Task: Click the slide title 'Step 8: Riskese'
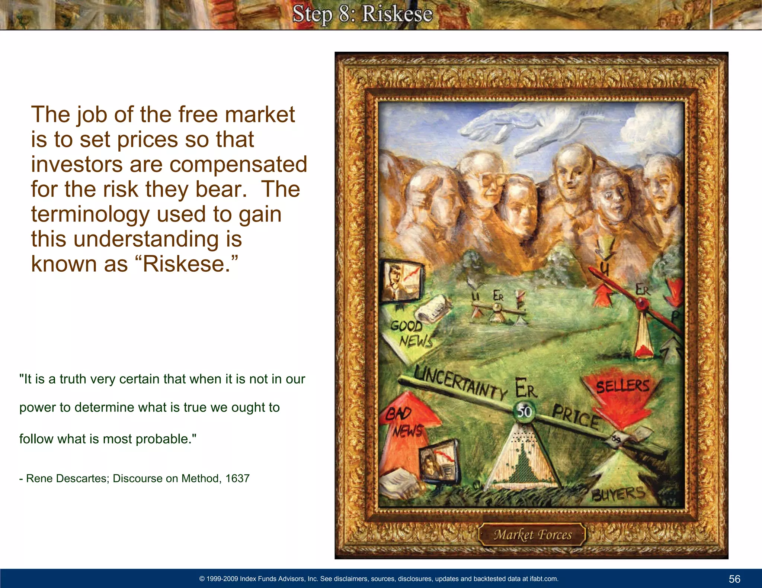[x=362, y=14]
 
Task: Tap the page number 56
[x=734, y=579]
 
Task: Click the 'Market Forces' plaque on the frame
[x=532, y=534]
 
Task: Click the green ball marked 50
[x=525, y=411]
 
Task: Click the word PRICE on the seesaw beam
[x=575, y=416]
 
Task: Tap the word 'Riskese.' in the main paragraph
[x=190, y=264]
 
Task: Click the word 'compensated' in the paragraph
[x=238, y=164]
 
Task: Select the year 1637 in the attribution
[x=237, y=478]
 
